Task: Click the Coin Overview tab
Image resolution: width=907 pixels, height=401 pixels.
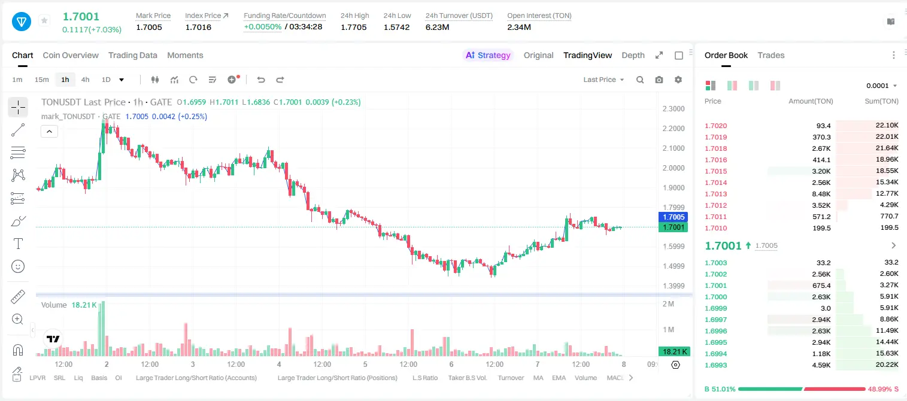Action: point(71,55)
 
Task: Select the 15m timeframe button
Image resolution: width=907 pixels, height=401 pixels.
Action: point(42,80)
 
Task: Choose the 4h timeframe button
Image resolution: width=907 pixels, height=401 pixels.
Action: point(85,80)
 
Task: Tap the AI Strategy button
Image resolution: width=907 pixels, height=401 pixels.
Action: point(488,55)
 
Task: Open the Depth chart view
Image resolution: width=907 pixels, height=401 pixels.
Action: point(633,55)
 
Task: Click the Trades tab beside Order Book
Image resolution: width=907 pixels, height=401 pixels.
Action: point(771,55)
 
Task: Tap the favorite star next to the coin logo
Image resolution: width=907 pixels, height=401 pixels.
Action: point(44,20)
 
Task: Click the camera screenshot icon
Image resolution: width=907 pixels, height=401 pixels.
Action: point(659,80)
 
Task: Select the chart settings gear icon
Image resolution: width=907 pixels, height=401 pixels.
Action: point(678,80)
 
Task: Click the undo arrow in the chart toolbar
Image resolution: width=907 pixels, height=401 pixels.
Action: point(261,80)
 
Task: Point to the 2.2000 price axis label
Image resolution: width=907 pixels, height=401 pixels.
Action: point(674,129)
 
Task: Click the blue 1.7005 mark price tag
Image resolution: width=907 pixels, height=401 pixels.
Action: point(674,217)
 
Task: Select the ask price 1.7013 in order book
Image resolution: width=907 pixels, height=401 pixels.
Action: point(716,194)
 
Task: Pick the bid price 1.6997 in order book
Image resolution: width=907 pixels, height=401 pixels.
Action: point(716,320)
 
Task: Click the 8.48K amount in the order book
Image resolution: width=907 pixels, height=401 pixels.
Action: point(821,194)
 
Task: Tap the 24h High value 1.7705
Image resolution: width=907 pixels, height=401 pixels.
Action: point(353,27)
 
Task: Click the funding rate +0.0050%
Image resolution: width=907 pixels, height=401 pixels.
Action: point(262,27)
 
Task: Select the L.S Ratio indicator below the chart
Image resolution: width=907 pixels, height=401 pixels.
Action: point(424,378)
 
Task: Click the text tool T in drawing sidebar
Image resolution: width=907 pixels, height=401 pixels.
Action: point(18,244)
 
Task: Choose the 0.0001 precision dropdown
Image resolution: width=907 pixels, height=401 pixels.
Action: point(881,86)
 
